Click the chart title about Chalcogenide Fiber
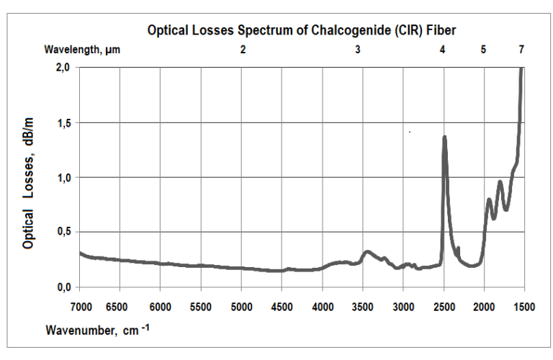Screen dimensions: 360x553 (302, 30)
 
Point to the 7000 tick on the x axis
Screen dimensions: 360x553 (81, 307)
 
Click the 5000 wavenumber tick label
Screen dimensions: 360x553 (242, 307)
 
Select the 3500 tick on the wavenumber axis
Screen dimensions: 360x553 (363, 307)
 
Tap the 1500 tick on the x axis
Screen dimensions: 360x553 (524, 307)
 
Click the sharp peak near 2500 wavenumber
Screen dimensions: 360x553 (444, 137)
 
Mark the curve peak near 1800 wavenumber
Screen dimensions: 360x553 (500, 182)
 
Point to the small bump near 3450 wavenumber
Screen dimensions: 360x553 (367, 252)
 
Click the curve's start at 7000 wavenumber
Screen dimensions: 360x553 (80, 253)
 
